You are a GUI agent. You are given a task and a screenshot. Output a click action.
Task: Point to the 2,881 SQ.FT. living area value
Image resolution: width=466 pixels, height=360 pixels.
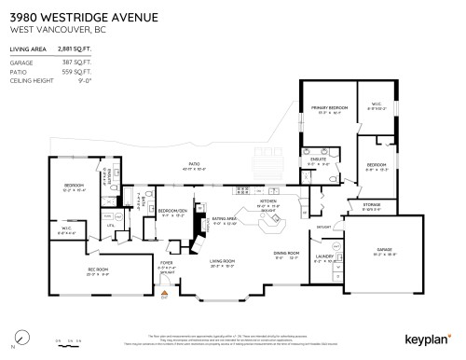(75, 47)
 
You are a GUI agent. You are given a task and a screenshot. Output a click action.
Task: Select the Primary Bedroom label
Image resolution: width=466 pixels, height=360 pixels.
(329, 108)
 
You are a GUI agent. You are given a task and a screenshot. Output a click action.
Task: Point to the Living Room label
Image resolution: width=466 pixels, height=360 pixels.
(223, 261)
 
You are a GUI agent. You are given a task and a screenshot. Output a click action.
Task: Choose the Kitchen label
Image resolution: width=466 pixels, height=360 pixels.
(268, 201)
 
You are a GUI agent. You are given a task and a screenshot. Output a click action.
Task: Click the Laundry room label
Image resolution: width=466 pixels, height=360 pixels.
(323, 256)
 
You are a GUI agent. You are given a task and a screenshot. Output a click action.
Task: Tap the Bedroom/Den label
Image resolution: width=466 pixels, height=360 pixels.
(171, 211)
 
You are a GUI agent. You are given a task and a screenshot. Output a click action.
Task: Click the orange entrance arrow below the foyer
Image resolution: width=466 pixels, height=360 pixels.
(163, 297)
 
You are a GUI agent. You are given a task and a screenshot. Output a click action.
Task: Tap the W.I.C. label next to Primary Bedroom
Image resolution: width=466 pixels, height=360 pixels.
(377, 104)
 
